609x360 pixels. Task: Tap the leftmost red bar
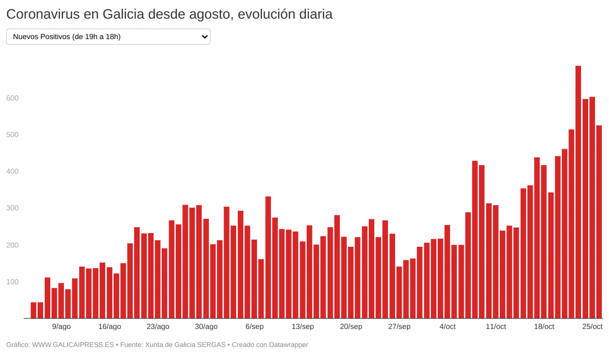pyautogui.click(x=34, y=310)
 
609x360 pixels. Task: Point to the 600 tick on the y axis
pyautogui.click(x=12, y=98)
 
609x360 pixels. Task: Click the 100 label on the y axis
pyautogui.click(x=12, y=282)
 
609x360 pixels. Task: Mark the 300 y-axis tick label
pyautogui.click(x=12, y=208)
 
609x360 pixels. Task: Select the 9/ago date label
pyautogui.click(x=61, y=326)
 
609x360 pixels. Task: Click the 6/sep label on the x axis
pyautogui.click(x=254, y=326)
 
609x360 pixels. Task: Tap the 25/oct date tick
pyautogui.click(x=592, y=326)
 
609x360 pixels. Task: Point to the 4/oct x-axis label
pyautogui.click(x=447, y=326)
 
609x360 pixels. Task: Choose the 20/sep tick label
pyautogui.click(x=351, y=326)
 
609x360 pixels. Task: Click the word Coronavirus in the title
pyautogui.click(x=43, y=14)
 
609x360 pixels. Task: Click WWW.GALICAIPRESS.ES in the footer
pyautogui.click(x=73, y=345)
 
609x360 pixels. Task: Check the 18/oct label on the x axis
pyautogui.click(x=544, y=326)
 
